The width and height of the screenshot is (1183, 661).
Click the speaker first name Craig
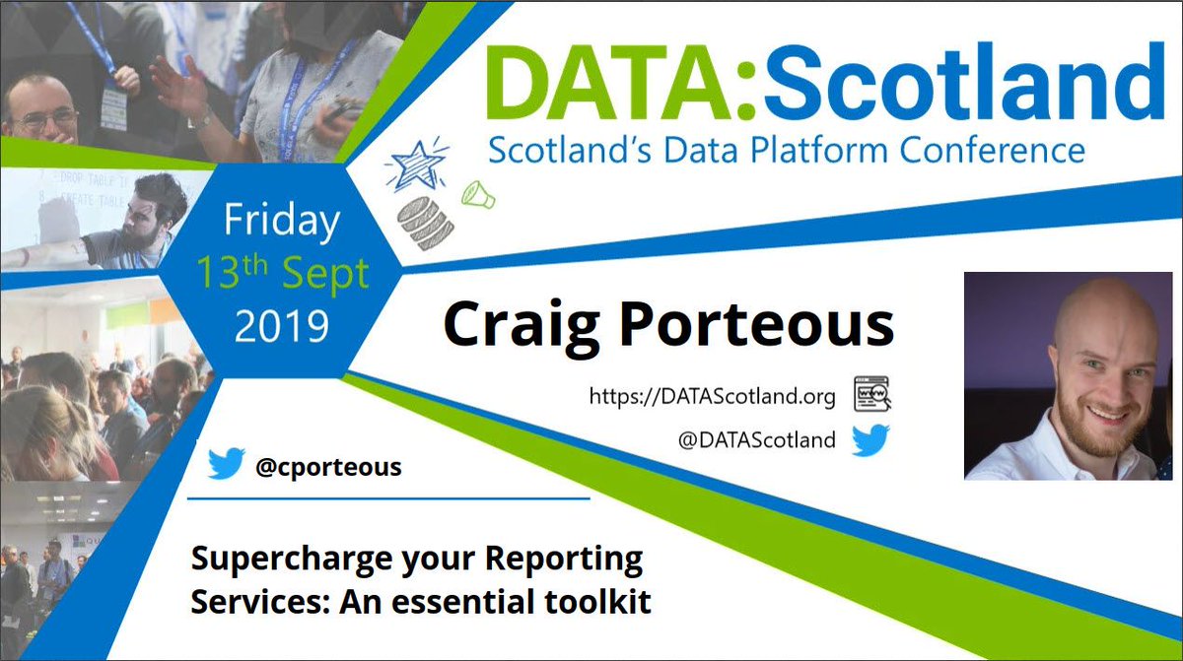point(514,324)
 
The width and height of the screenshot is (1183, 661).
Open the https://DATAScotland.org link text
point(712,397)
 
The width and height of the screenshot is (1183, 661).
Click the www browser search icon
point(872,395)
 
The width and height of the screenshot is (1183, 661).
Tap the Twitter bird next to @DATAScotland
point(870,440)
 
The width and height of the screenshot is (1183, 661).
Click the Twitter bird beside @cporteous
point(226,464)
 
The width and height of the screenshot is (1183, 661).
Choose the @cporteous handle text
point(328,466)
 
